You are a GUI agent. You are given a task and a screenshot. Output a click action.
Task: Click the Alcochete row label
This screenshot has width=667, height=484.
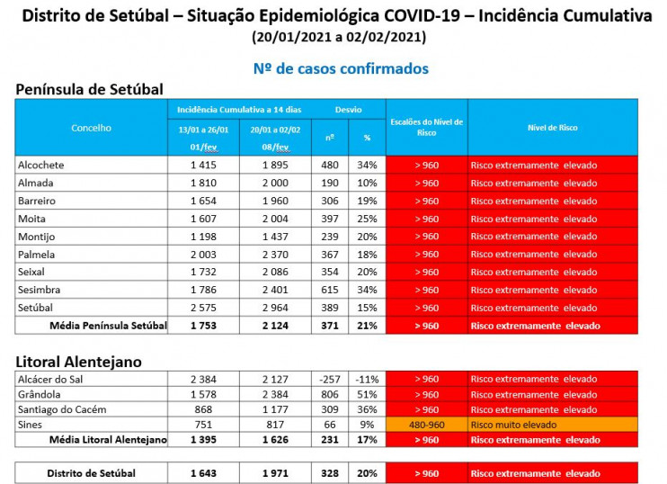coord(41,165)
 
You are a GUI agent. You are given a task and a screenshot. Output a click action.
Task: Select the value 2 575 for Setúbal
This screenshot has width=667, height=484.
coord(204,308)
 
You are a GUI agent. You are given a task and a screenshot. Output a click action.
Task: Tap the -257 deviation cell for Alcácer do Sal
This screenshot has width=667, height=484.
coord(330,379)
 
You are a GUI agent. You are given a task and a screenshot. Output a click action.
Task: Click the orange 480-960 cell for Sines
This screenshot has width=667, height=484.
coord(426,425)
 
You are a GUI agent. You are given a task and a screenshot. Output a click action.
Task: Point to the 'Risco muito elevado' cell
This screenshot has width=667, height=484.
coord(513,425)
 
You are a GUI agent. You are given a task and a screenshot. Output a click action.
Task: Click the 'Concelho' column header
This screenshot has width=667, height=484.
coord(91,128)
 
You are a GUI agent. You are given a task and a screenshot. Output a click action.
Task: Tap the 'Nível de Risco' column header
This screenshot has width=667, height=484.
coord(552,128)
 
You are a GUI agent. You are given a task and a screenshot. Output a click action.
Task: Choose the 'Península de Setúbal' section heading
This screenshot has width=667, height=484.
coord(89,89)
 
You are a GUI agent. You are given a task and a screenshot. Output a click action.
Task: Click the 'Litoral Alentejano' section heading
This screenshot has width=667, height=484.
coord(78,361)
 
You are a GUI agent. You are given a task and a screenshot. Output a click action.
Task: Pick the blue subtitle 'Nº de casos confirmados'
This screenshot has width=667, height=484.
coord(341,68)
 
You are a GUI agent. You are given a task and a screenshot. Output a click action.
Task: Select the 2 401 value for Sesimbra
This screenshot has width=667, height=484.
coord(276,290)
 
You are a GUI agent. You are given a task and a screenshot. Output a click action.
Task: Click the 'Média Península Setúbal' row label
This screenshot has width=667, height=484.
coord(108,326)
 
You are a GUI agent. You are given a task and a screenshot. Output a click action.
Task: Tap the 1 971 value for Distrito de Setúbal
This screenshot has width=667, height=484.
coord(276,472)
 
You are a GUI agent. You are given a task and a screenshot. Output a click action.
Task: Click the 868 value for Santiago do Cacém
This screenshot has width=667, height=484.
coord(204,409)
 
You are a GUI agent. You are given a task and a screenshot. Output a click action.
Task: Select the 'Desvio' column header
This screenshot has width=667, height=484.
coord(348,109)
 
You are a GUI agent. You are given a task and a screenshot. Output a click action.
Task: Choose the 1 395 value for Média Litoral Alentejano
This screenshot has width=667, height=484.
coord(204,440)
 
